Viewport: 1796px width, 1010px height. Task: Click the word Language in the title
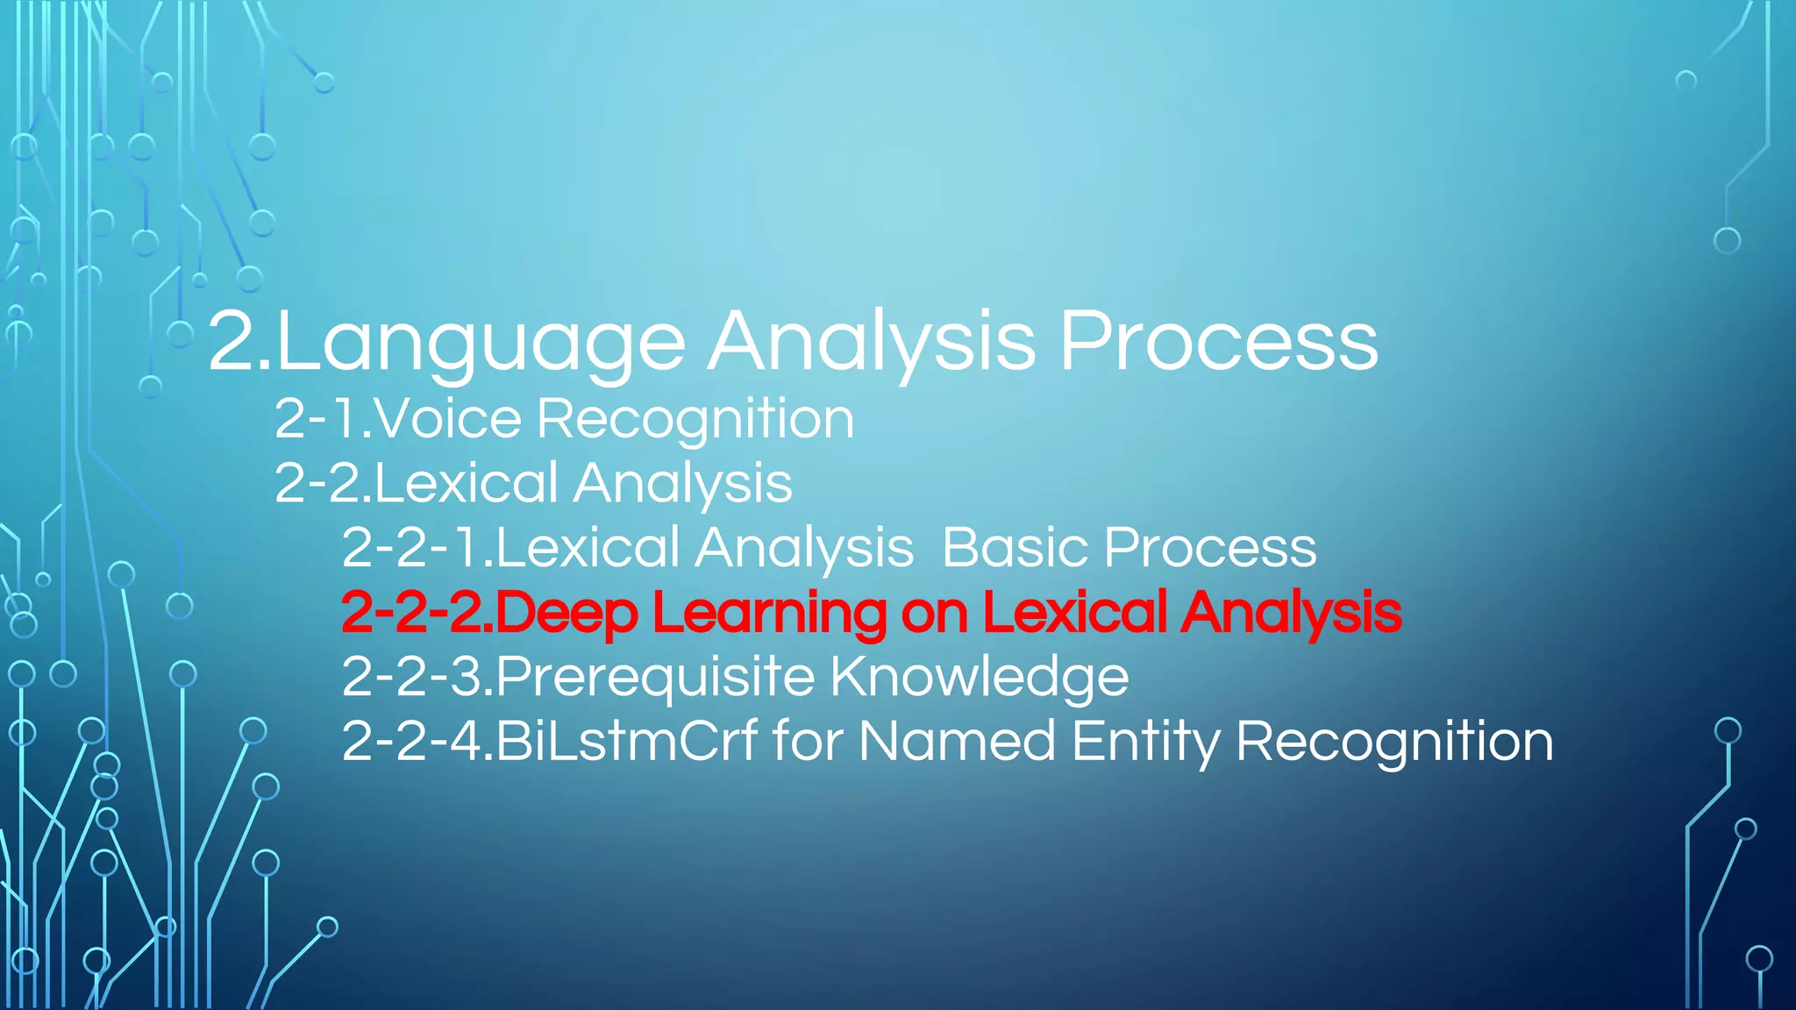coord(481,344)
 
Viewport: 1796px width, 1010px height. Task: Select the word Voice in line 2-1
coord(448,418)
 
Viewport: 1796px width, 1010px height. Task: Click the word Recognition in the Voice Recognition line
coord(695,420)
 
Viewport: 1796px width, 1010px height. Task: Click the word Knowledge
coord(979,677)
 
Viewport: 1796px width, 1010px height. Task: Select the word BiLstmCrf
coord(626,741)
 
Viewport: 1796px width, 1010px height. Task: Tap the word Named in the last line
coord(956,741)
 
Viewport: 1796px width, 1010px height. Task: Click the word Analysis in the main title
coord(872,344)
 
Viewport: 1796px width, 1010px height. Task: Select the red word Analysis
coord(1291,613)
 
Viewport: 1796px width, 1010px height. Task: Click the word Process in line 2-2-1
coord(1210,547)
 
